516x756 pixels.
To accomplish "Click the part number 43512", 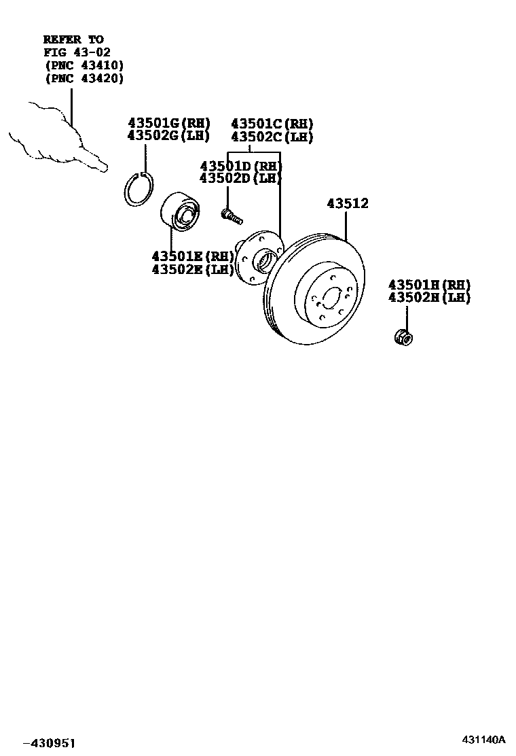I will coord(357,203).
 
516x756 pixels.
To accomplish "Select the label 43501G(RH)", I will coord(170,123).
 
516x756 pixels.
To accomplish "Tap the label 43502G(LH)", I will coord(170,136).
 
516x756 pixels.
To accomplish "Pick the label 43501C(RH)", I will coord(272,123).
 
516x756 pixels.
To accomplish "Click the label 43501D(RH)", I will coord(240,166).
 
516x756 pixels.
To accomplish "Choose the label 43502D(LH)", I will coord(240,178).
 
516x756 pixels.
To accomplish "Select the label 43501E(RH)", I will coord(193,256).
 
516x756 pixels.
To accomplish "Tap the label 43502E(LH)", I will coord(193,269).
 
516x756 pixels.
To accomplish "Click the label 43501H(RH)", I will coord(429,285).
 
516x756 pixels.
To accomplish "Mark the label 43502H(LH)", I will coord(429,298).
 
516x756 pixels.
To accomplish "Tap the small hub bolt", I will coord(232,216).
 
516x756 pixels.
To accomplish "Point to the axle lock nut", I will coord(403,336).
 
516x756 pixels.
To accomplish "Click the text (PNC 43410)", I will coord(84,65).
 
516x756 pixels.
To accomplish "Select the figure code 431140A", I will coord(485,738).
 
